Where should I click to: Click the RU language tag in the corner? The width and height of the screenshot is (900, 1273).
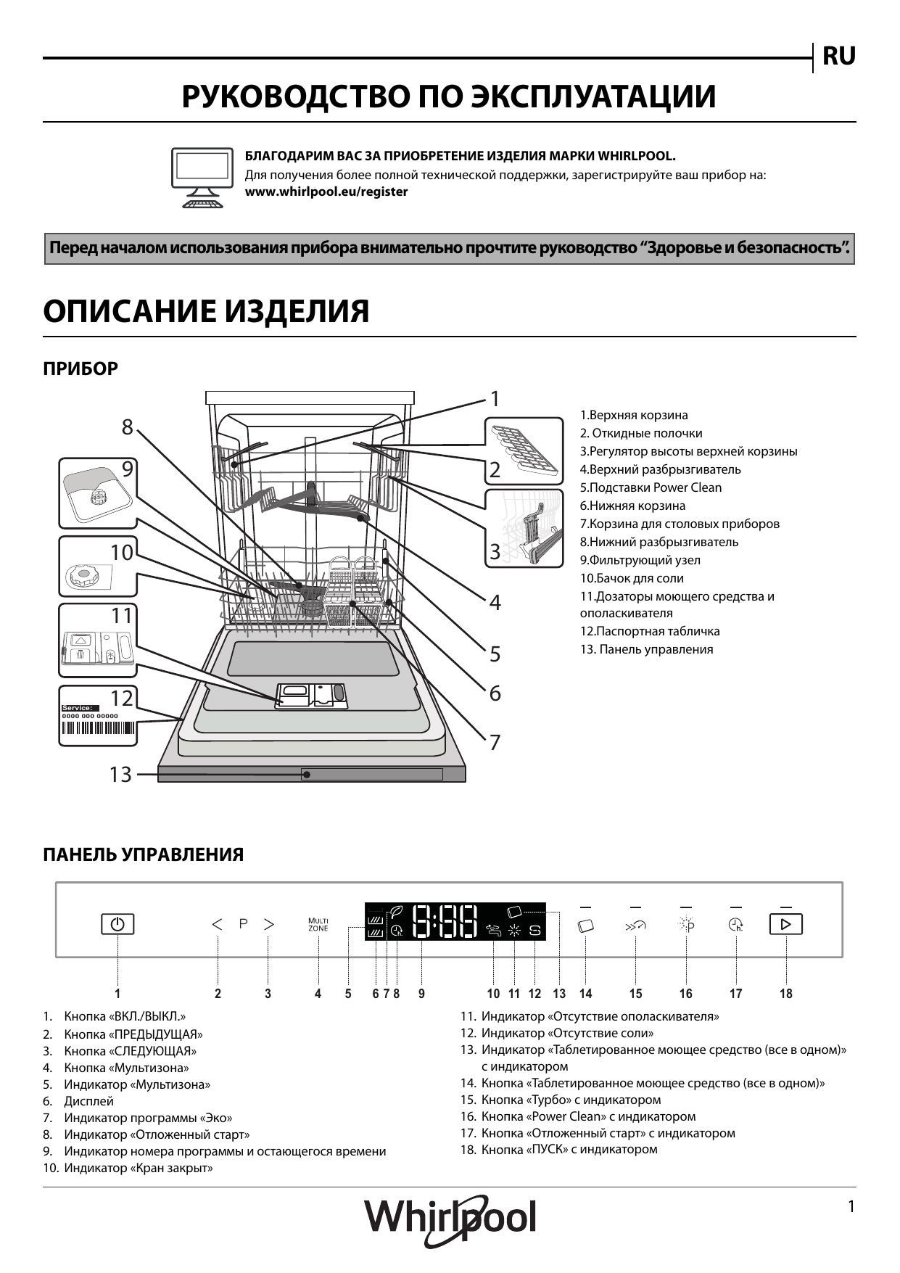point(838,56)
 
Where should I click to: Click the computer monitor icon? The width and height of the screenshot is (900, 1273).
point(202,178)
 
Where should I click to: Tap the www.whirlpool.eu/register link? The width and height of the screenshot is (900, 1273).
point(326,192)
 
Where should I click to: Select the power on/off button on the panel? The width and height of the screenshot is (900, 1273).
point(117,925)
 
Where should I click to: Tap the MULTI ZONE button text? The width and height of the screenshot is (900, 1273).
point(318,925)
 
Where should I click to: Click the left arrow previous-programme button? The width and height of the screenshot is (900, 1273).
point(217,924)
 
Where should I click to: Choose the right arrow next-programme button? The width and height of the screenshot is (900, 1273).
point(269,924)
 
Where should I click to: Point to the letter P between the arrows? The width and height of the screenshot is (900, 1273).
point(244,924)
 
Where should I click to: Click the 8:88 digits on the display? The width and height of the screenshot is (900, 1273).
point(445,922)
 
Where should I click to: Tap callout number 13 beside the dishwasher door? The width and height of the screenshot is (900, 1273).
point(120,775)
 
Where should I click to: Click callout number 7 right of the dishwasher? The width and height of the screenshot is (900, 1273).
point(495,743)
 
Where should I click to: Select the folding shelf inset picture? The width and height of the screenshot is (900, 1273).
point(524,450)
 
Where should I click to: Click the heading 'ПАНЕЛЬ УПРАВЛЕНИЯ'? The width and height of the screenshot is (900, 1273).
point(144,854)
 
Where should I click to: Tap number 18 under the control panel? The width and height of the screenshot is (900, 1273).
point(786,994)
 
